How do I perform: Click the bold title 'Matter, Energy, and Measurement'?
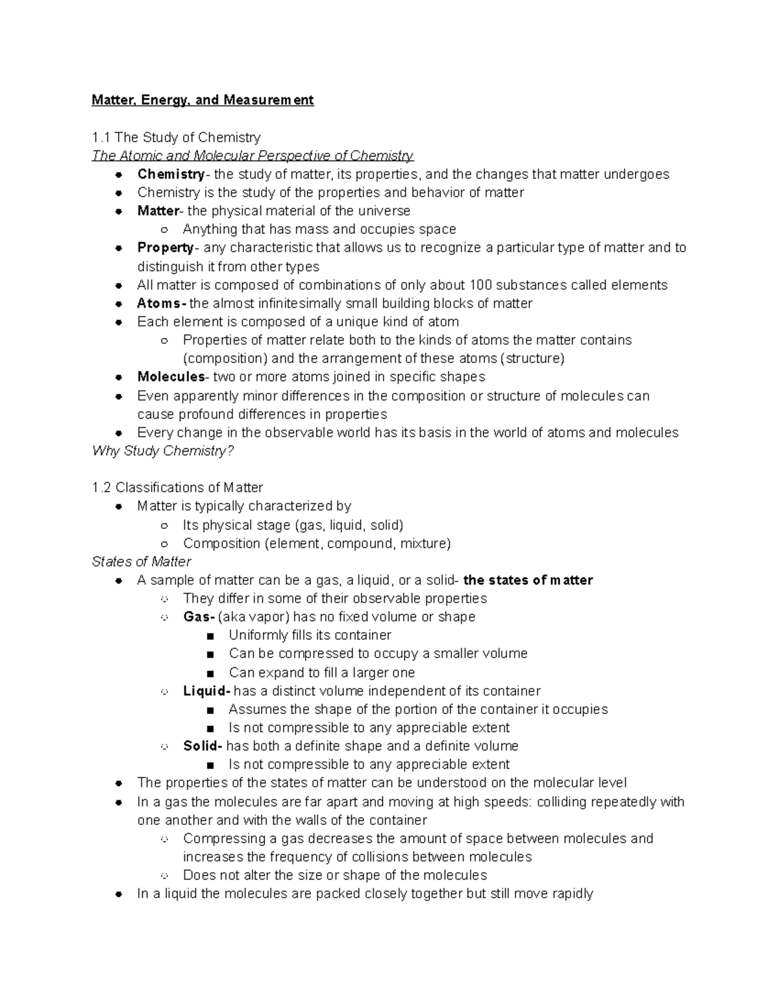[203, 100]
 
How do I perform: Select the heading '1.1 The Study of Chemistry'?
[176, 137]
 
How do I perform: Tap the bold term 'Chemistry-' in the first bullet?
[171, 174]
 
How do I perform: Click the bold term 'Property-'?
[166, 247]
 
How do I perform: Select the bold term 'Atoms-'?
[162, 303]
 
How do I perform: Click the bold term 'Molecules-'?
[172, 377]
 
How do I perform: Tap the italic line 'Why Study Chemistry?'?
[163, 450]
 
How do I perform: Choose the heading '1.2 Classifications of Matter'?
[177, 487]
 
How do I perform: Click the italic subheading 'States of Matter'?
[142, 561]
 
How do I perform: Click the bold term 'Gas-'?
[199, 617]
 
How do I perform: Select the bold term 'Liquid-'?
[206, 691]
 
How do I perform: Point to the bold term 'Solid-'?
[203, 746]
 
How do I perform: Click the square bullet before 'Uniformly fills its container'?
[210, 635]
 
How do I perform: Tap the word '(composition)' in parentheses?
[225, 358]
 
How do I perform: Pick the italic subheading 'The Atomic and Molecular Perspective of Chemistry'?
[253, 155]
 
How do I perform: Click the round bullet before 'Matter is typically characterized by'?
[119, 506]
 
